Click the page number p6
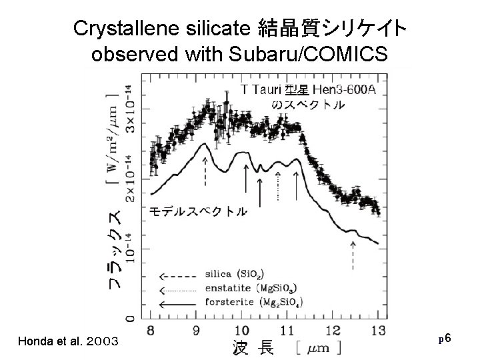(446, 339)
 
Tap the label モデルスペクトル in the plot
(197, 211)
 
